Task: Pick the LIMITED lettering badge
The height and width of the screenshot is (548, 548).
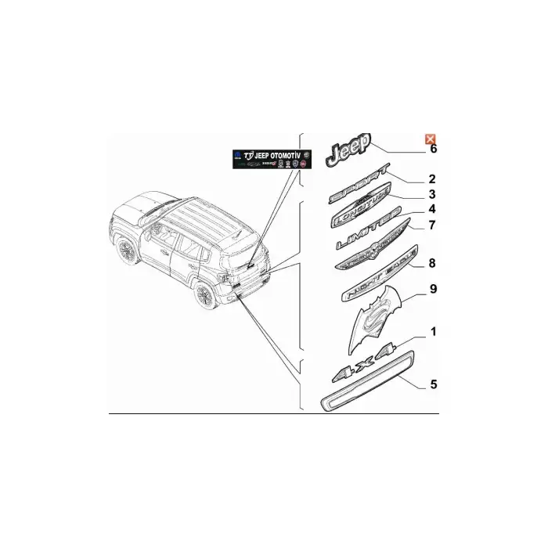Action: point(367,230)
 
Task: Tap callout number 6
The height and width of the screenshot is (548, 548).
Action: point(434,149)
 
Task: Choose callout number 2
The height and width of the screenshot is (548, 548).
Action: point(431,179)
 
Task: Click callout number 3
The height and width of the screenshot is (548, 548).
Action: point(431,194)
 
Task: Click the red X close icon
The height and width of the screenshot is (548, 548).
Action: point(430,139)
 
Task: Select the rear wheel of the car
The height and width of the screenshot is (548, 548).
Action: point(206,296)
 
